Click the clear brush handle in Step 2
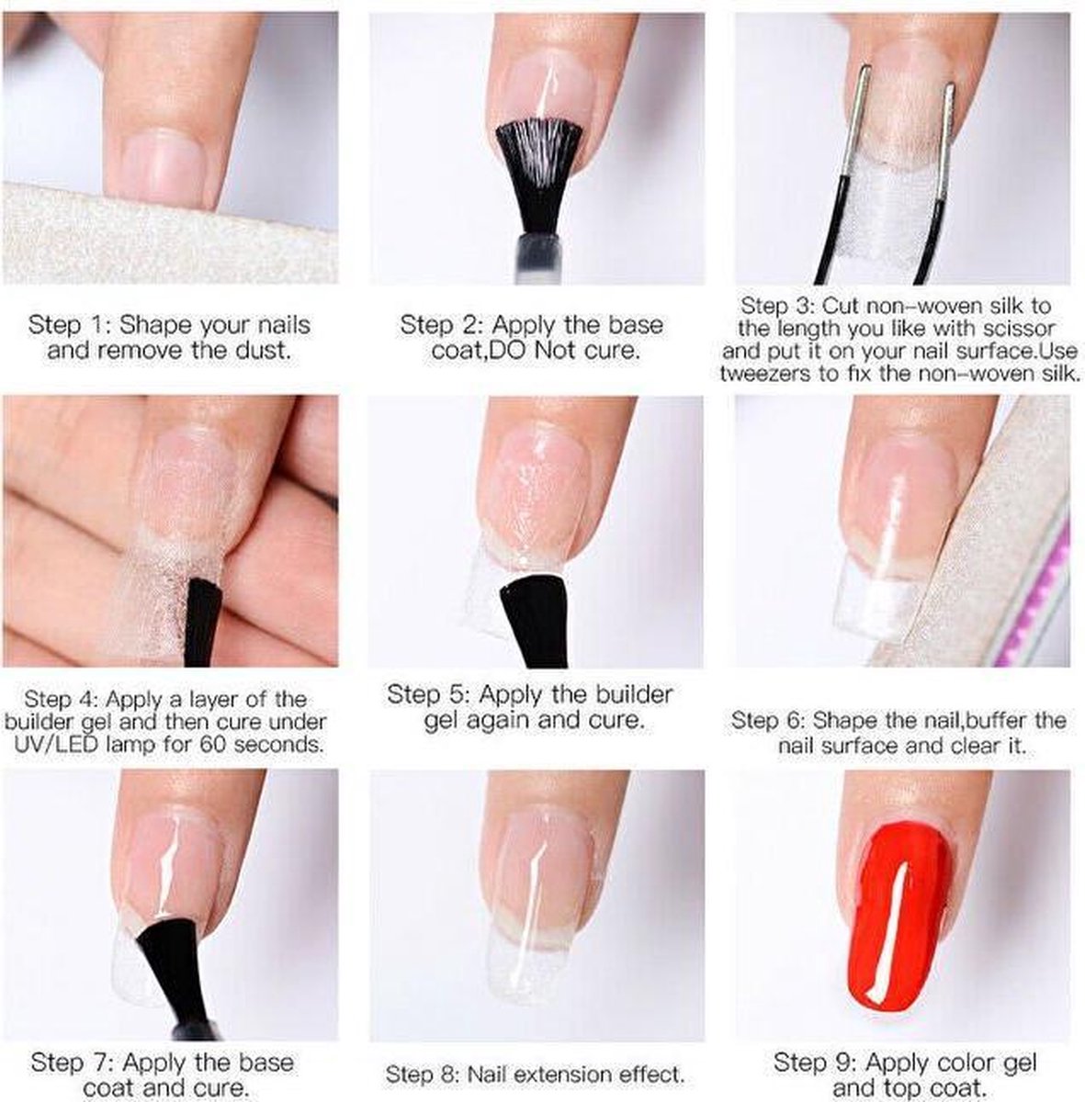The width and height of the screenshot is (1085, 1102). [539, 259]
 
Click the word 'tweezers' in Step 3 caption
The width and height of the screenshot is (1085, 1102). [758, 375]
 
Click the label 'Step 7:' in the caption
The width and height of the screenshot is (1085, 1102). [74, 1047]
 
